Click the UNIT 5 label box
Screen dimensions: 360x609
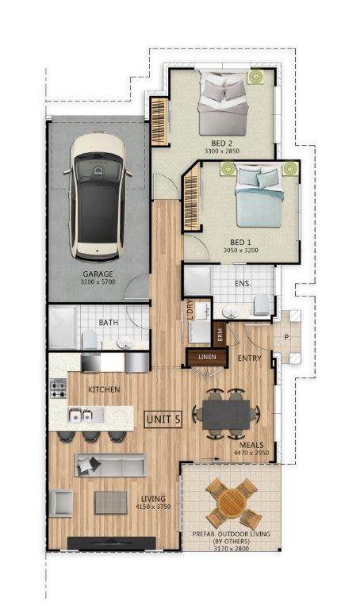(x=163, y=419)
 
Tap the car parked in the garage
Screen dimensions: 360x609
(x=98, y=197)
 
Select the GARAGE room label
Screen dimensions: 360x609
(x=98, y=274)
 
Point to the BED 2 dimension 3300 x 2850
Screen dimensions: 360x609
(x=222, y=151)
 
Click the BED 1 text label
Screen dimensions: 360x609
(x=240, y=243)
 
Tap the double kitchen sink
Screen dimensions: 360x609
(x=81, y=416)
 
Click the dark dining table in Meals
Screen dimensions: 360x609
(x=226, y=415)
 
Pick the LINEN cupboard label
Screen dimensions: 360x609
(x=207, y=357)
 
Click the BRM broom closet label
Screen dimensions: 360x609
(x=220, y=335)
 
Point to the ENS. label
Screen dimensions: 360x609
(x=243, y=284)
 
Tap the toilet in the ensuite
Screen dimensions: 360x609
(x=262, y=304)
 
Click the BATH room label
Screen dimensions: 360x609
(x=109, y=323)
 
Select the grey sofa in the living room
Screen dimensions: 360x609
(x=111, y=465)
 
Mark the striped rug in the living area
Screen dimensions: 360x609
(x=111, y=503)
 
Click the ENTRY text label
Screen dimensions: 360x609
(x=249, y=358)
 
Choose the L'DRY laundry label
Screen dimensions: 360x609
(x=190, y=310)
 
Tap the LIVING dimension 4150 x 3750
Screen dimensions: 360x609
(x=153, y=507)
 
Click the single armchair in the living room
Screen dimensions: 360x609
(x=61, y=504)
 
